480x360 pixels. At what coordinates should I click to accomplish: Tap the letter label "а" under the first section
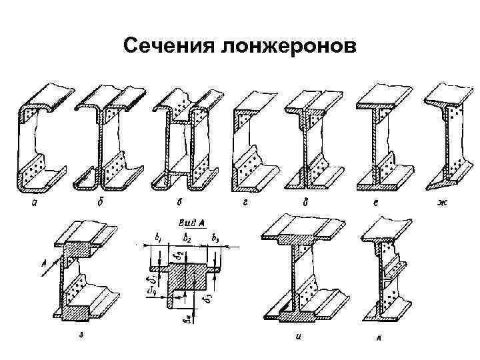coord(33,203)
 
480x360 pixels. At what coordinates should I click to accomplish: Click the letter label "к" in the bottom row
coord(378,338)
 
